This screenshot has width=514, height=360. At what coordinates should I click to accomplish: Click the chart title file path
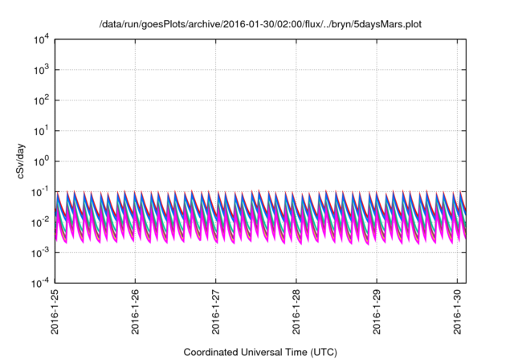(x=260, y=25)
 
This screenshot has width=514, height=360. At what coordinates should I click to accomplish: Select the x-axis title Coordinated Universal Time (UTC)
(x=260, y=352)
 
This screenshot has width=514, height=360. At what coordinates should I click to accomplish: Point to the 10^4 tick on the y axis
(x=42, y=39)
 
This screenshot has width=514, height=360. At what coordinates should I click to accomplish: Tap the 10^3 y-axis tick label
(x=42, y=70)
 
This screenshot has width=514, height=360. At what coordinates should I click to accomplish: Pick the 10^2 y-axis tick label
(x=42, y=100)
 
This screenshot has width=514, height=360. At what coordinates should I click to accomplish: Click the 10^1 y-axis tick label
(x=42, y=130)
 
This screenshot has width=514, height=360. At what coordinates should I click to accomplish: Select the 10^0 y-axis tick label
(x=42, y=161)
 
